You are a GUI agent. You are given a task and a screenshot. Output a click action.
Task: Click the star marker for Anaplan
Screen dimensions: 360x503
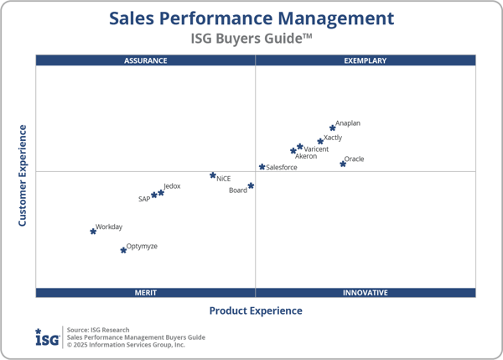(x=333, y=128)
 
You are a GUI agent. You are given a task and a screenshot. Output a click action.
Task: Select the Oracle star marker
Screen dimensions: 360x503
(x=343, y=164)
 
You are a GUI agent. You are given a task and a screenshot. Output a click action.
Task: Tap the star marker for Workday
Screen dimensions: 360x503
(x=93, y=231)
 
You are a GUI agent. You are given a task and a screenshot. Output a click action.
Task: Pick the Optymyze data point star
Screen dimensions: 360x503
(x=123, y=250)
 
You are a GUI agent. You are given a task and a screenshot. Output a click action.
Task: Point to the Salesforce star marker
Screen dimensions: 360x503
(x=262, y=167)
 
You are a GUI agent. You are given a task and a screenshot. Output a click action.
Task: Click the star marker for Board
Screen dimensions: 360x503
(x=251, y=185)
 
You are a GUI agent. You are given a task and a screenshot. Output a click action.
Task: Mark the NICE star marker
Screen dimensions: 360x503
(x=213, y=175)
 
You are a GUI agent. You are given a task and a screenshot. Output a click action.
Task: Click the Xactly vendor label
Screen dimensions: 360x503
(x=333, y=138)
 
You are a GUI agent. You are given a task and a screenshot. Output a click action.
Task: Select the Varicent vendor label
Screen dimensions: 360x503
(x=316, y=149)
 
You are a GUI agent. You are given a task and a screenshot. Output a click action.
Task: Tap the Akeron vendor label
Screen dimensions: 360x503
(x=306, y=157)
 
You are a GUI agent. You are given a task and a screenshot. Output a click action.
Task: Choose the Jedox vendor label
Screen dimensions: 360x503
(x=172, y=185)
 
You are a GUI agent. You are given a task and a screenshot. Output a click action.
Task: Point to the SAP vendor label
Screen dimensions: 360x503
(x=144, y=200)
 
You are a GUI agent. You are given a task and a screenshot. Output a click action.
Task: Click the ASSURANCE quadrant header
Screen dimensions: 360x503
(x=146, y=60)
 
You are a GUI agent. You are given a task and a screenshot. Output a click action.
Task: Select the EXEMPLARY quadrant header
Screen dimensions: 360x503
(x=366, y=60)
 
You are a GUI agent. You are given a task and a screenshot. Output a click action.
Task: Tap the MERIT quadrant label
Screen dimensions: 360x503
(x=146, y=293)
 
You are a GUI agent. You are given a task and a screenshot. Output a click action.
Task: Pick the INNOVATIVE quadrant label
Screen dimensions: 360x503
(x=366, y=293)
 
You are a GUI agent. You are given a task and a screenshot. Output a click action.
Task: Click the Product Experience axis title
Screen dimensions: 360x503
(x=256, y=310)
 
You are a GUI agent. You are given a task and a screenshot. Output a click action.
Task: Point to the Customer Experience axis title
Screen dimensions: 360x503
(x=23, y=175)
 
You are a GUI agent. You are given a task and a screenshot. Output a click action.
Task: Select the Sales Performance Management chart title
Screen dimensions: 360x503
(x=251, y=18)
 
